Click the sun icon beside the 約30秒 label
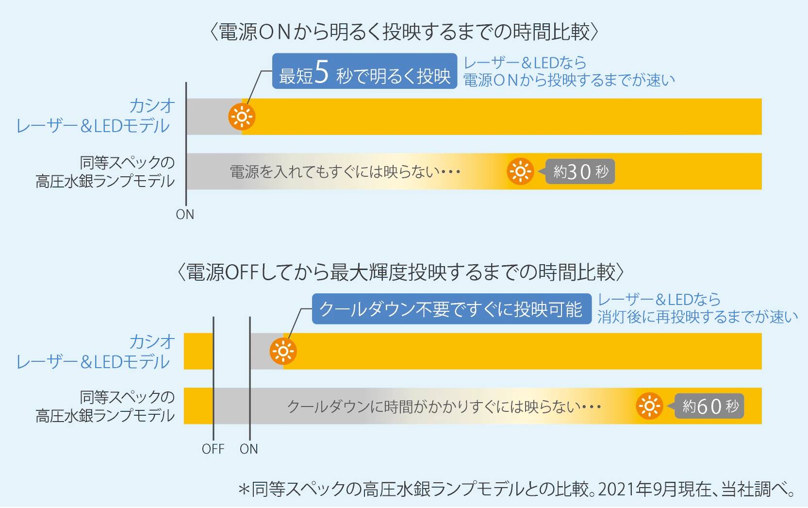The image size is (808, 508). pos(520,171)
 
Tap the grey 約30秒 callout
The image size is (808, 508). pos(580,171)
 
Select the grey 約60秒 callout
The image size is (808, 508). pos(709,406)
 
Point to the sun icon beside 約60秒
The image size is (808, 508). pos(649,406)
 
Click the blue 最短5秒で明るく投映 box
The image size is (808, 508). pos(364,71)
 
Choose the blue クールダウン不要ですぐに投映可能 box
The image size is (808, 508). pos(451,309)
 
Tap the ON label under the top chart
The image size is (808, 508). pos(185,214)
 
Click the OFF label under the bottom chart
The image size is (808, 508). pos(213,449)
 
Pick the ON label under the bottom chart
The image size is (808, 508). pos(249,449)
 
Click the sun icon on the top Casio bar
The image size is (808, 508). pos(242,117)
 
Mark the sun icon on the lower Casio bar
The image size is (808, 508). pos(283,351)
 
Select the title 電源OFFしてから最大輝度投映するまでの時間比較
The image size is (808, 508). pos(401,272)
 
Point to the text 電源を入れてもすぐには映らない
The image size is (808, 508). pos(345,172)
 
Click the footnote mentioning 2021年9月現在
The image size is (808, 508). pos(517,489)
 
